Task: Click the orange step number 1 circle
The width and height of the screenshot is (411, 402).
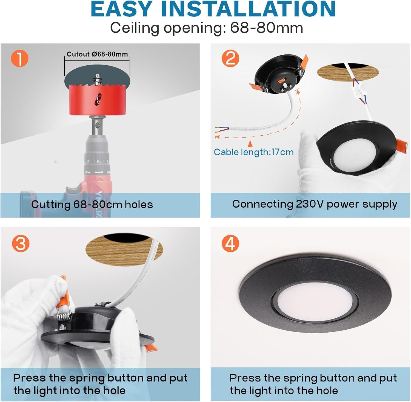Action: pos(20,58)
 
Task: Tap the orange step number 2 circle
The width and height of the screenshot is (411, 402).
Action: pos(230,58)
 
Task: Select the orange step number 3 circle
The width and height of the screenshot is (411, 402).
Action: pos(21,243)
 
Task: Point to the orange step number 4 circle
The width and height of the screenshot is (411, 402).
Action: pos(230,243)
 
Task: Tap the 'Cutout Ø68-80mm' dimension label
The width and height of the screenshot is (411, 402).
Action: pos(98,54)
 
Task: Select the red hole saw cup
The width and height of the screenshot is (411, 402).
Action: pos(97,100)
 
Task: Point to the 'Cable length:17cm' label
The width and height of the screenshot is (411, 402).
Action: pos(254,152)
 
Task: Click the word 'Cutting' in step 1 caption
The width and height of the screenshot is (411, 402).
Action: pos(51,205)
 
